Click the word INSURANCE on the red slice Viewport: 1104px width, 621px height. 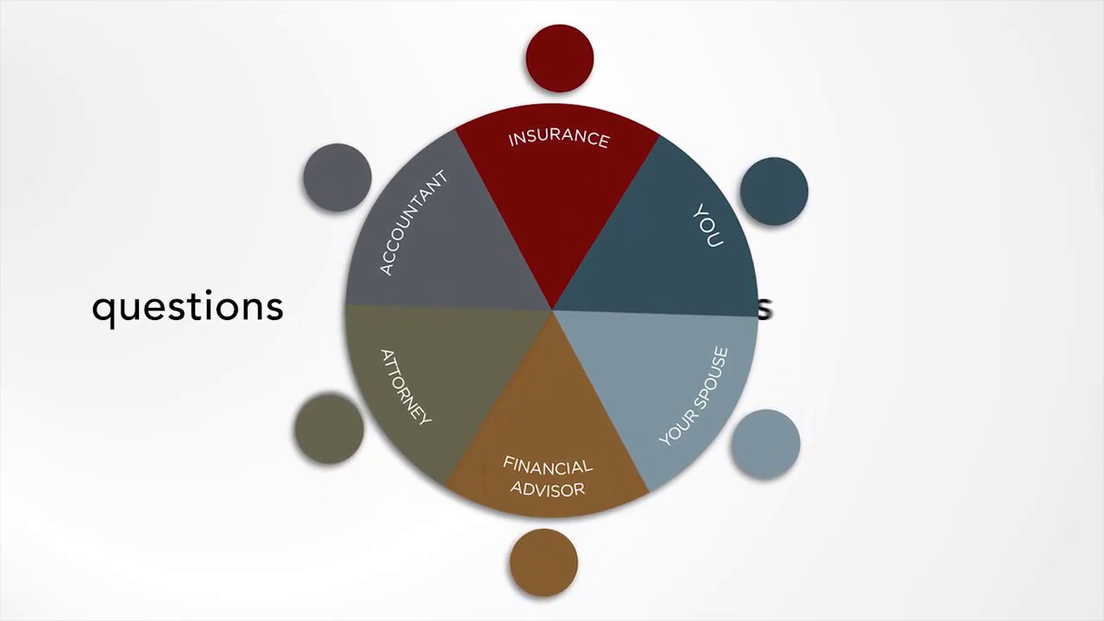click(x=559, y=138)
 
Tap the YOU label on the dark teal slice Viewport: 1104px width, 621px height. click(x=708, y=226)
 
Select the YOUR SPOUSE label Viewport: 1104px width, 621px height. click(x=694, y=397)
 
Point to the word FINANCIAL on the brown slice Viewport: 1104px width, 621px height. click(x=548, y=467)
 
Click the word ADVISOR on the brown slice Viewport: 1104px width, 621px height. click(x=548, y=489)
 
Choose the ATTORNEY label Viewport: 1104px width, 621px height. click(x=405, y=386)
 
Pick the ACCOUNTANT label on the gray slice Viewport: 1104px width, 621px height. click(x=414, y=223)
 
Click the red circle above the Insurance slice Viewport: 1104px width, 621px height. click(x=560, y=58)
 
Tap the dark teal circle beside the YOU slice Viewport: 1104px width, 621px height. click(x=774, y=191)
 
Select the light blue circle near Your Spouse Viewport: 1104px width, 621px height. click(x=765, y=443)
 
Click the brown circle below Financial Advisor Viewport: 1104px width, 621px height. click(x=543, y=562)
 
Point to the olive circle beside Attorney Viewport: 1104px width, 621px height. click(x=329, y=429)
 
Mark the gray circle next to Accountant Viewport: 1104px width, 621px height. click(x=337, y=177)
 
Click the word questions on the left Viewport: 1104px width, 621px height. click(x=187, y=307)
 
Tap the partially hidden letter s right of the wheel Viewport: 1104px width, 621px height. click(x=765, y=309)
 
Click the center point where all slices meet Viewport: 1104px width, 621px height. click(x=552, y=310)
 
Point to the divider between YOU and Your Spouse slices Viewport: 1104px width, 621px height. click(x=655, y=313)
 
